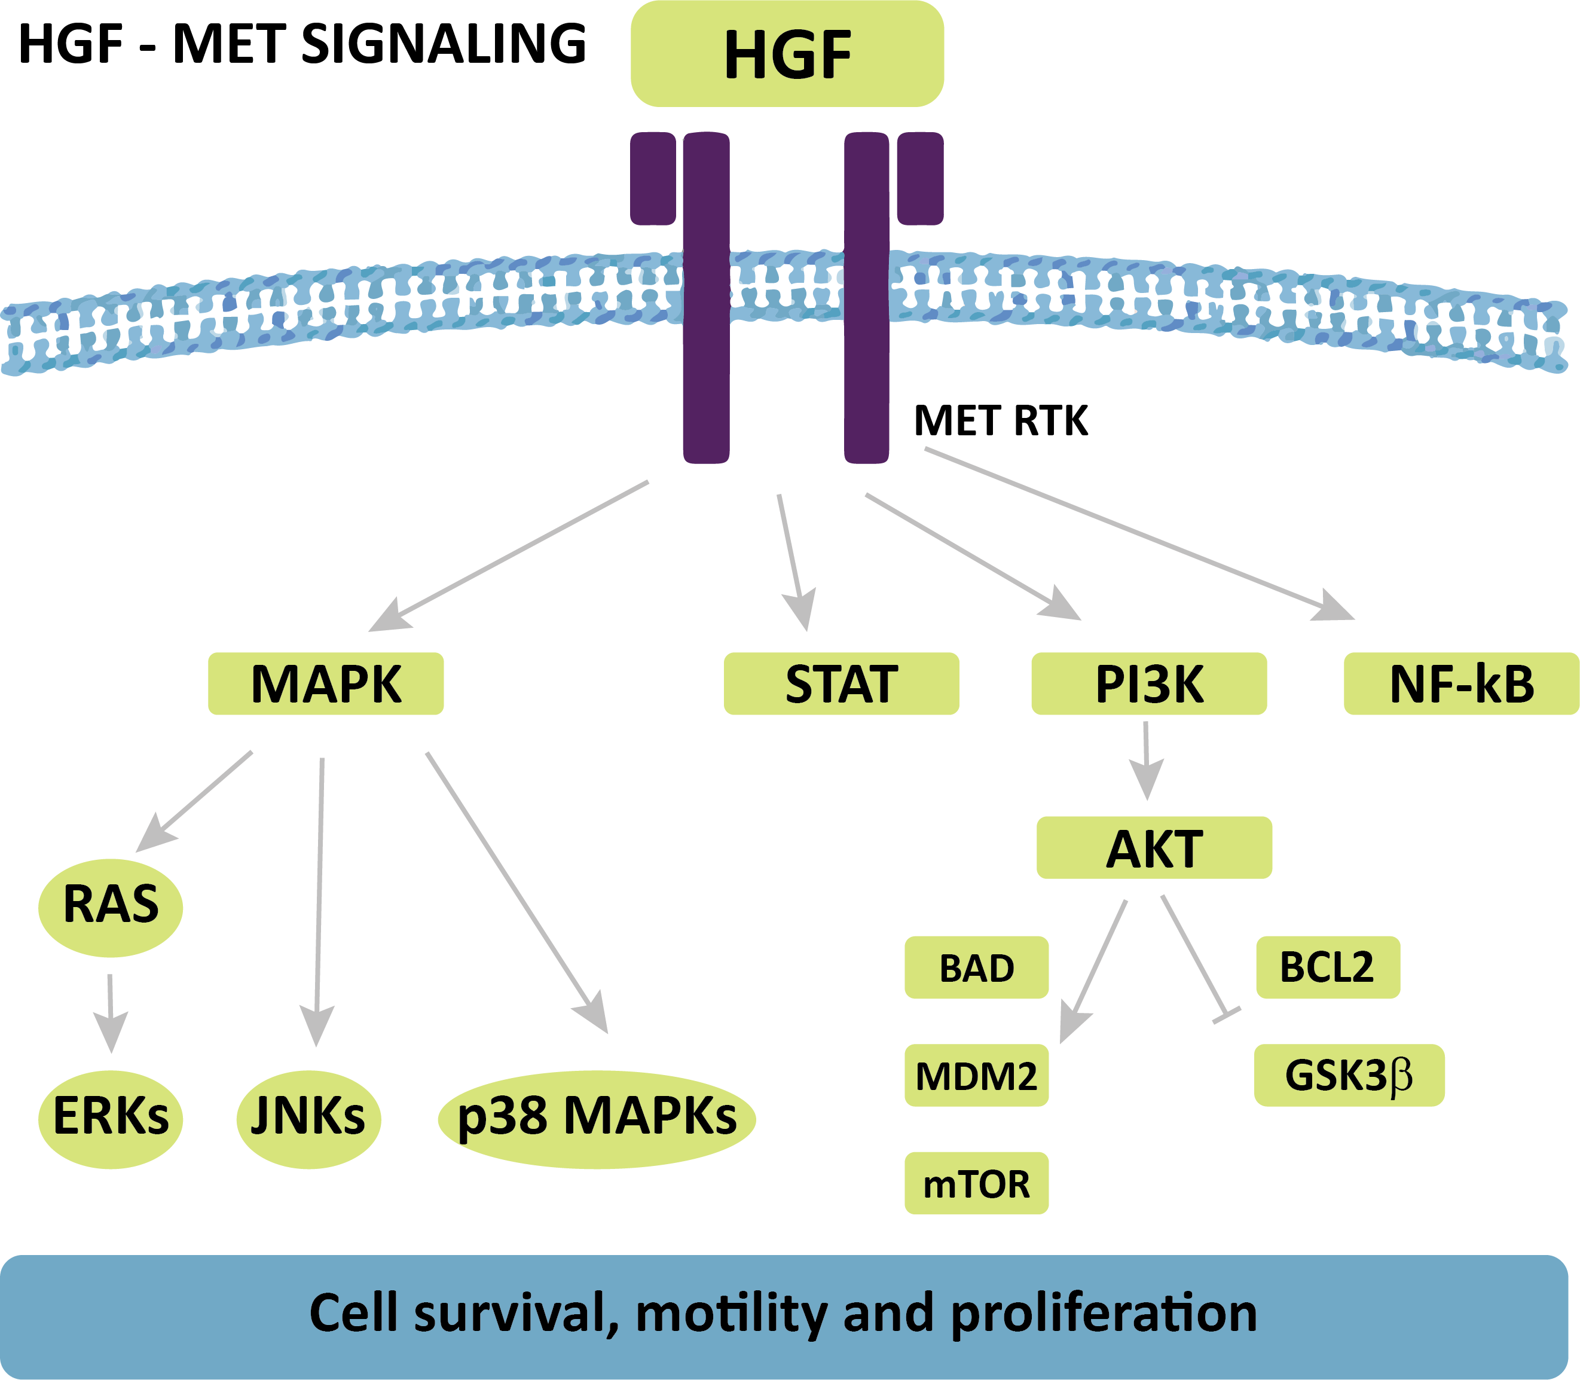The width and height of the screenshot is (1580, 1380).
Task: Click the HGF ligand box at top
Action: click(787, 54)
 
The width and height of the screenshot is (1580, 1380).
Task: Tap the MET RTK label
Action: click(1000, 422)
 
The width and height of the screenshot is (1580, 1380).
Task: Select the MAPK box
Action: click(326, 684)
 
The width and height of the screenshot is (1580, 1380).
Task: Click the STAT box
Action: click(841, 684)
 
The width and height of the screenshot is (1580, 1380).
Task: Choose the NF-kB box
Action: click(1460, 684)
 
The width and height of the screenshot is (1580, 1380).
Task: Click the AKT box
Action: click(1153, 848)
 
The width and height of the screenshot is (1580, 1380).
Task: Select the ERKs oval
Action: click(111, 1118)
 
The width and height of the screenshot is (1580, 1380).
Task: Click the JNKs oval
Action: click(308, 1118)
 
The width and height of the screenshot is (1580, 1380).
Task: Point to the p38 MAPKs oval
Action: click(597, 1118)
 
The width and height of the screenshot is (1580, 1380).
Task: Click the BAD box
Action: click(976, 968)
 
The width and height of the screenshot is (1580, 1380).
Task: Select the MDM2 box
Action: click(976, 1076)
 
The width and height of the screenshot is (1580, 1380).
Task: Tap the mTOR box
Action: click(976, 1184)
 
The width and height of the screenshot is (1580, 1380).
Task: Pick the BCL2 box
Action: click(1328, 967)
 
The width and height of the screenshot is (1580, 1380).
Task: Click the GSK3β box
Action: click(1349, 1076)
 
